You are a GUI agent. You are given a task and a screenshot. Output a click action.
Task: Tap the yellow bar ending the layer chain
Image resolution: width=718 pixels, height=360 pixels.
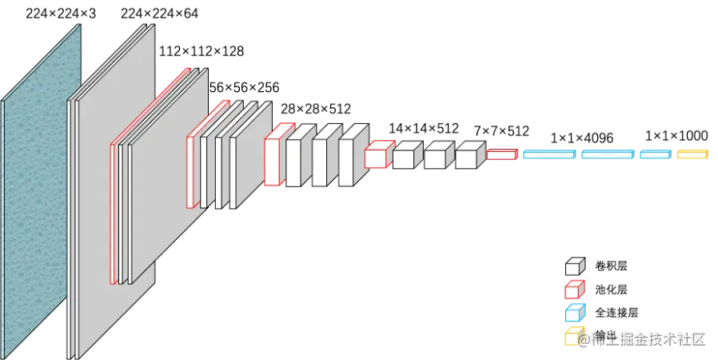692,154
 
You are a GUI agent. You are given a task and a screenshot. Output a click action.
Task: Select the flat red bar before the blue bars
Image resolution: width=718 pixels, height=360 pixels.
501,154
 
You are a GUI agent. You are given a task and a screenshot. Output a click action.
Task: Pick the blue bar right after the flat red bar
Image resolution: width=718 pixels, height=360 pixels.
548,154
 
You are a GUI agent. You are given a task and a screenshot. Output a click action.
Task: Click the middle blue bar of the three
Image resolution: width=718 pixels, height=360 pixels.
608,154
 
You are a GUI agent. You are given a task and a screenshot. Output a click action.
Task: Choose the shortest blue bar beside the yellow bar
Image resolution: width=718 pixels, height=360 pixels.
654,154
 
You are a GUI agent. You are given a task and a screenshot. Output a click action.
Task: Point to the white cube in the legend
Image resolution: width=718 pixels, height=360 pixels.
574,266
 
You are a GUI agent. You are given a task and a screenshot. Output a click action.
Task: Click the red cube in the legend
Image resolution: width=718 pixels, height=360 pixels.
574,289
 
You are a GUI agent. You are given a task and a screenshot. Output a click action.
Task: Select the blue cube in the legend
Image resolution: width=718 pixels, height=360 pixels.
574,312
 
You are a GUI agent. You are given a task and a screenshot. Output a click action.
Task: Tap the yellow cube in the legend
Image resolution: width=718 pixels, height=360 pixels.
572,335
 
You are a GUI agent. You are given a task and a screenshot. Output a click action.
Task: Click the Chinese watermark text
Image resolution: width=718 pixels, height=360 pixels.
644,339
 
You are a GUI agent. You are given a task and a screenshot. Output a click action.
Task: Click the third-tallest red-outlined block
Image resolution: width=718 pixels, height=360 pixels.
277,159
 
